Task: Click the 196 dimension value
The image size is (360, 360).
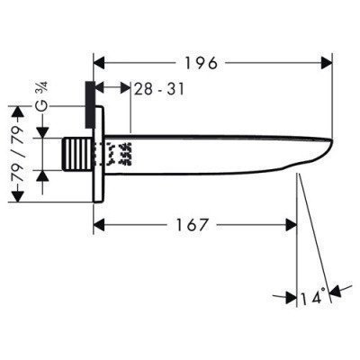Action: tap(201, 63)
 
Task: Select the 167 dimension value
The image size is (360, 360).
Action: tap(192, 225)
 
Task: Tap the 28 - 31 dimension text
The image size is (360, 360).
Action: tap(158, 89)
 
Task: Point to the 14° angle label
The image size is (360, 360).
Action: tap(313, 296)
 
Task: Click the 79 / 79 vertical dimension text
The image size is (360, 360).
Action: tap(17, 154)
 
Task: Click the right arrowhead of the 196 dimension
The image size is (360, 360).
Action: tap(327, 63)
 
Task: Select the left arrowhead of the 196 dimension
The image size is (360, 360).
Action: tap(99, 63)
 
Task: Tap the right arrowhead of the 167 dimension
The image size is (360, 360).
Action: tap(291, 225)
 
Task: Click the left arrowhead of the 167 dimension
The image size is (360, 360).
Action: tap(99, 225)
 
